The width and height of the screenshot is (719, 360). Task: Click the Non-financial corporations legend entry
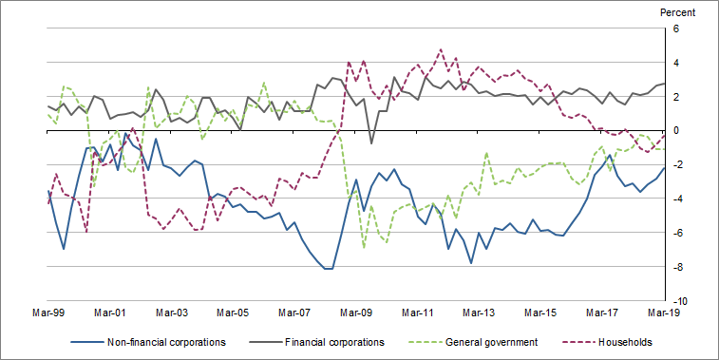coord(164,341)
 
